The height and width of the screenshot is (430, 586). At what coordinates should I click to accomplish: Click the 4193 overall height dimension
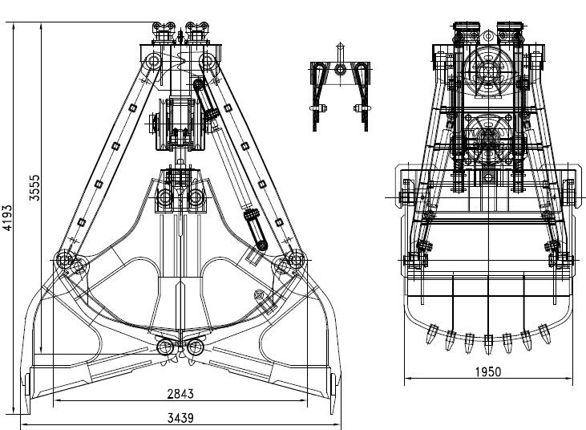point(7,218)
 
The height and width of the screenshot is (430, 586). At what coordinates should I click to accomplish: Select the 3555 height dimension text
point(34,188)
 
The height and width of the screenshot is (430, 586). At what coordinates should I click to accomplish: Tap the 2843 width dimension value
point(180,394)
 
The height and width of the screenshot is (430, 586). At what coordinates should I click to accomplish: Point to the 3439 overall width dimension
point(180,418)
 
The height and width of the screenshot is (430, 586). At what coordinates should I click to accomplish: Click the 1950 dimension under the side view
point(488,372)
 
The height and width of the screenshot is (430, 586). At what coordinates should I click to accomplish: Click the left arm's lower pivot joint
point(65,260)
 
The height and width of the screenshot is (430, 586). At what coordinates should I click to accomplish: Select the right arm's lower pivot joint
point(296,260)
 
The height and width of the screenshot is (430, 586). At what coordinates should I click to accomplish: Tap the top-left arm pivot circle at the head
point(153,61)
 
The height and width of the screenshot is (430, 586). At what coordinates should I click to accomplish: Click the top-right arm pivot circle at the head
point(207,61)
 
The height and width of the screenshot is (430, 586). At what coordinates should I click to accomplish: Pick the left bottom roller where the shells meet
point(165,347)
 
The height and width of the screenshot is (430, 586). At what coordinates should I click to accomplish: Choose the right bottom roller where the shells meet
point(195,347)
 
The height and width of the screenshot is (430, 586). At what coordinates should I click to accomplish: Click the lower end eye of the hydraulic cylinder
point(262,245)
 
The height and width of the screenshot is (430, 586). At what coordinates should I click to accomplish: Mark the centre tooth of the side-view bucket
point(488,344)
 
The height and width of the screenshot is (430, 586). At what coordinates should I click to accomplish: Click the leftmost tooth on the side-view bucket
point(431,334)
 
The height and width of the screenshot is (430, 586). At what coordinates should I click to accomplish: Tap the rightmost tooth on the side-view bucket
point(545,334)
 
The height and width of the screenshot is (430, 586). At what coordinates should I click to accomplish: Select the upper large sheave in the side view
point(488,71)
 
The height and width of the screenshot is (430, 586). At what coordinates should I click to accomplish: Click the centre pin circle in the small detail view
point(340,69)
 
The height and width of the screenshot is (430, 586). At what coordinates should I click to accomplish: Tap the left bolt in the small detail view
point(318,108)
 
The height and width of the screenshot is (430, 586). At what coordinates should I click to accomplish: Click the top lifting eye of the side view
point(488,37)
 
